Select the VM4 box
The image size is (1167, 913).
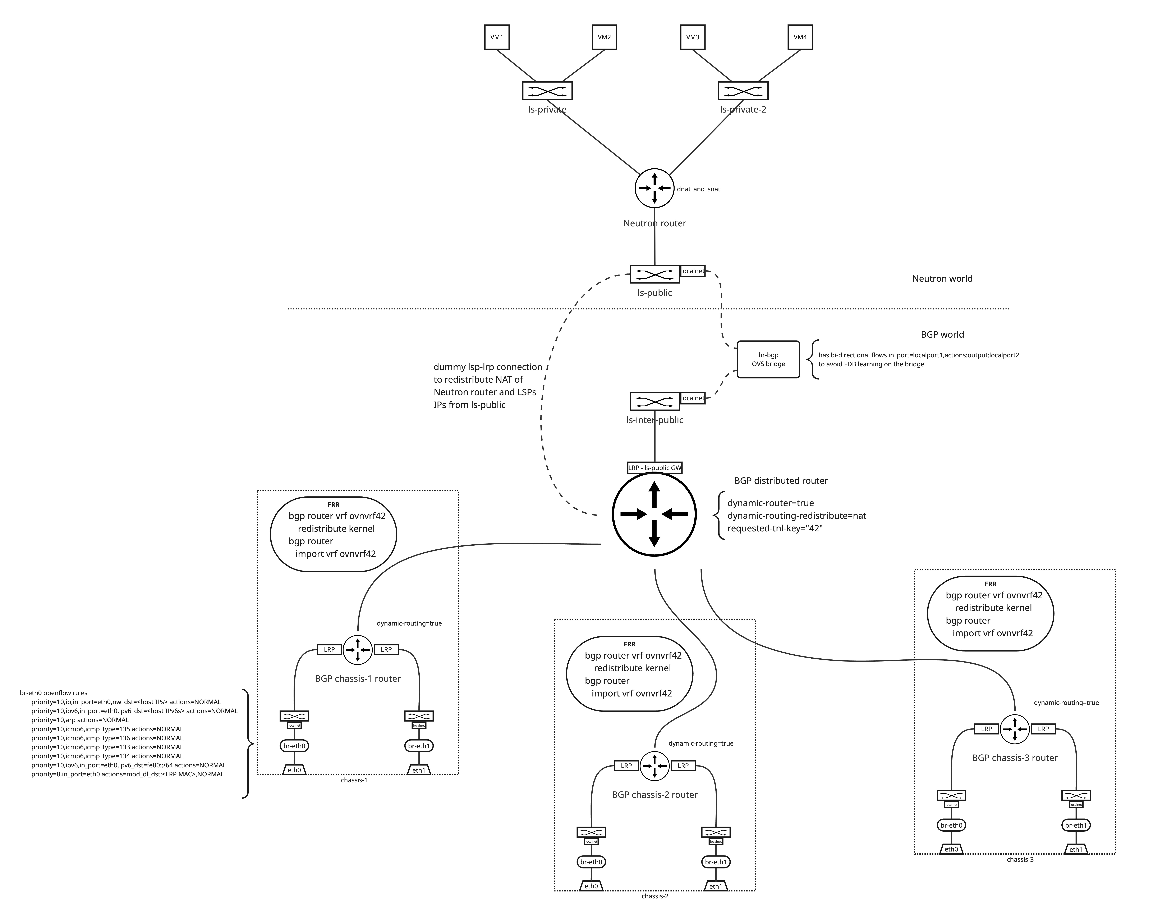click(800, 37)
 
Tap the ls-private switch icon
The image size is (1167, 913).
click(547, 91)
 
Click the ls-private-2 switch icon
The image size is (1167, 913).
click(743, 91)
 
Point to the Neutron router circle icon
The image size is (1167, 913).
click(655, 188)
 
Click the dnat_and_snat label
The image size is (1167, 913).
click(698, 189)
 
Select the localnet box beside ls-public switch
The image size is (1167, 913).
click(693, 271)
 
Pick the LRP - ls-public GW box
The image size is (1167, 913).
click(655, 468)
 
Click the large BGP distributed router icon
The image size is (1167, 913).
click(654, 514)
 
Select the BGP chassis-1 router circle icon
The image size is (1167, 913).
click(358, 649)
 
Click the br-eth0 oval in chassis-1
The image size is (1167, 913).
click(294, 746)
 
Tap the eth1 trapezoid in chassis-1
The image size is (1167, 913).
click(419, 770)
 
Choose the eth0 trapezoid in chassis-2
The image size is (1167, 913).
click(591, 886)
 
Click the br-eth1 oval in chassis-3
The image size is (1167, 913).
click(1076, 825)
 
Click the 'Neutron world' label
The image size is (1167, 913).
click(942, 278)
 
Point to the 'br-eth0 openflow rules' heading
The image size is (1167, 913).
click(53, 693)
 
